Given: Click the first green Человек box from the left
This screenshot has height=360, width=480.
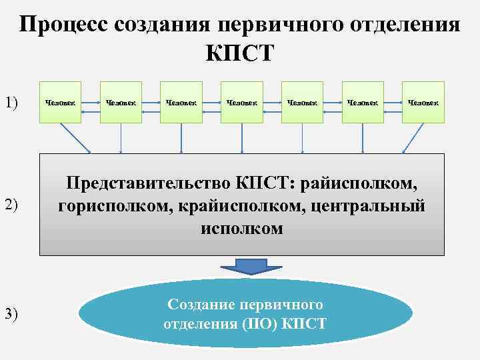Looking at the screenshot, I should (61, 102).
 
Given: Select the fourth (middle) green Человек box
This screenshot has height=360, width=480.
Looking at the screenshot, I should (242, 102).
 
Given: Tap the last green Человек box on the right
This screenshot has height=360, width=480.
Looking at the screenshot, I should (423, 102).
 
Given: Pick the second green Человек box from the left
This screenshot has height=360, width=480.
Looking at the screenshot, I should (121, 102).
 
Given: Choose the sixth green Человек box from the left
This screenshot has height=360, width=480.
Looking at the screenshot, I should (363, 102).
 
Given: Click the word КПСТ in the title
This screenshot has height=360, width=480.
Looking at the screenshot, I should (240, 53).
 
